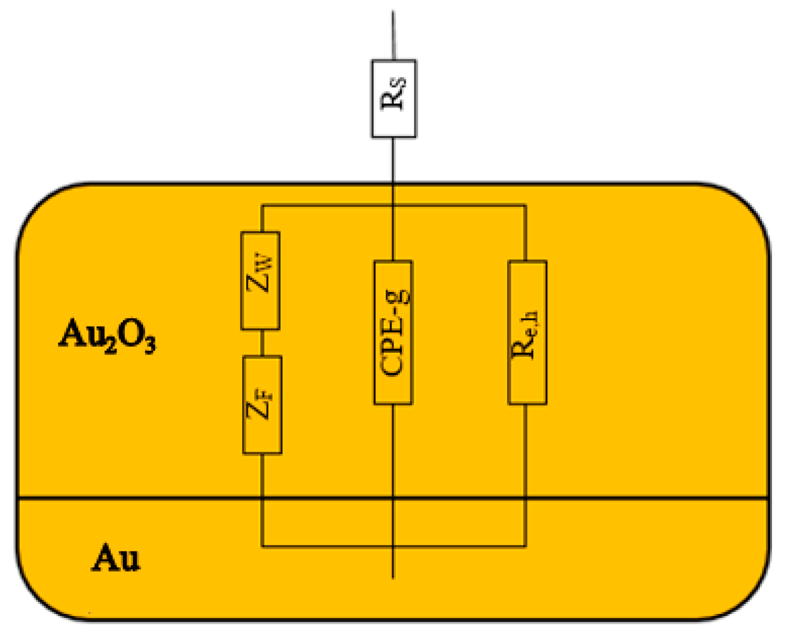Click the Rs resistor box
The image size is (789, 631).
click(394, 99)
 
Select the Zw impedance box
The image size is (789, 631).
click(261, 280)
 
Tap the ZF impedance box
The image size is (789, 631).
click(262, 405)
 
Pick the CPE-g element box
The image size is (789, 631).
click(393, 332)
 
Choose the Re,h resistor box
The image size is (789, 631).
click(527, 332)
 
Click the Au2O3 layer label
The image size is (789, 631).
click(107, 335)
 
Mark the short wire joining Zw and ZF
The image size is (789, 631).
click(262, 342)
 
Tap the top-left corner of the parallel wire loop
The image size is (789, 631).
click(262, 205)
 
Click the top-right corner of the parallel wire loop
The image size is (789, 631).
click(526, 205)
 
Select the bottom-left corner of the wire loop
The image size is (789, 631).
click(262, 546)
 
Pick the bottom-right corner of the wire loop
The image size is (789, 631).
click(526, 546)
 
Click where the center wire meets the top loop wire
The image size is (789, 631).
click(393, 205)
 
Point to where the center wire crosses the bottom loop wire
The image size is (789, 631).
click(393, 546)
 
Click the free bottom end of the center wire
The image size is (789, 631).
click(393, 577)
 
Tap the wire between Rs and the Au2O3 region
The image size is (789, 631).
click(393, 160)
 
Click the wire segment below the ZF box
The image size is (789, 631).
click(262, 476)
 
